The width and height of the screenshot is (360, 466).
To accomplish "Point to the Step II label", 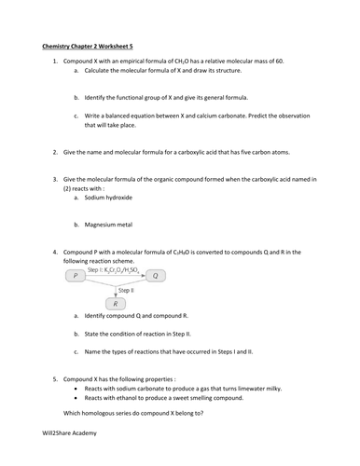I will pos(124,290).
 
